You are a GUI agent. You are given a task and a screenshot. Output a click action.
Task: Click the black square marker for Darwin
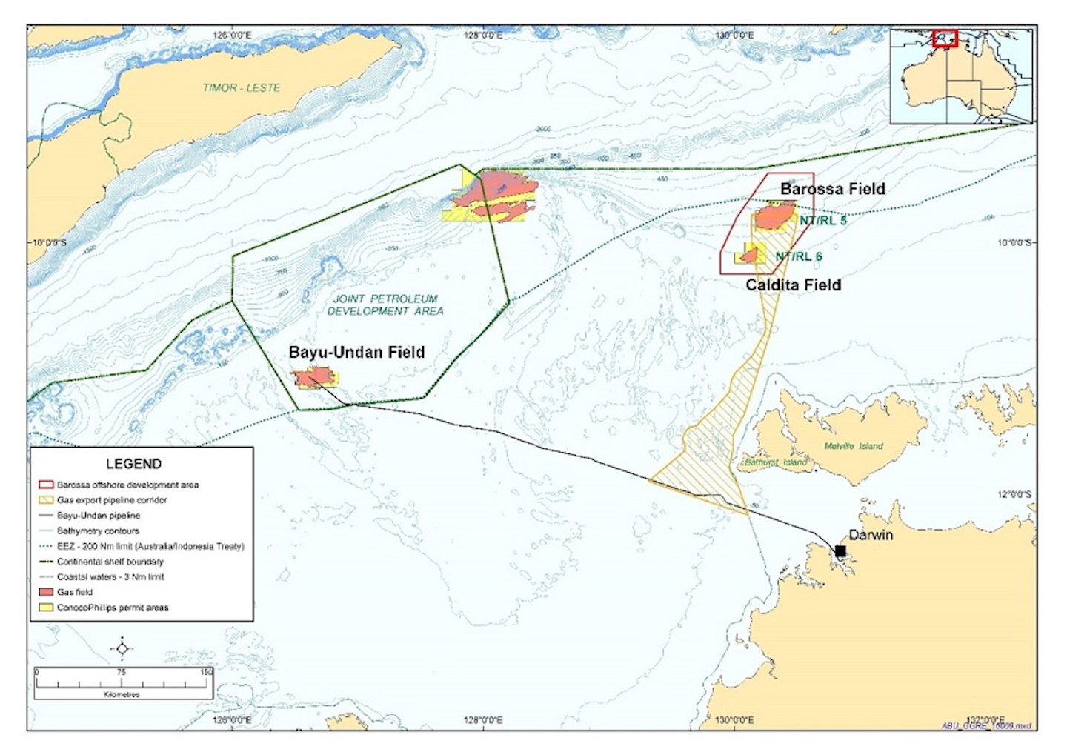840,551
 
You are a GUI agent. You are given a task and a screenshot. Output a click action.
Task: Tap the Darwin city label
871,535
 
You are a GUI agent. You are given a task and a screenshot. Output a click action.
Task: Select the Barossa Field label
832,189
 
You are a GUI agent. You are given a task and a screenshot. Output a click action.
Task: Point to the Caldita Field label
793,285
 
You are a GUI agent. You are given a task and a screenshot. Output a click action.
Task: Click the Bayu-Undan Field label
356,353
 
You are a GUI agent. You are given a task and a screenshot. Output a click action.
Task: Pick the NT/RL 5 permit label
822,221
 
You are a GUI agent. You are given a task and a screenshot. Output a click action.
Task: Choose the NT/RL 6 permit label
798,256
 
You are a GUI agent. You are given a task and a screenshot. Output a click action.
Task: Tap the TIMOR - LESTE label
242,87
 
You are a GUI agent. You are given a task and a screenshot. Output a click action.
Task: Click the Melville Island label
854,446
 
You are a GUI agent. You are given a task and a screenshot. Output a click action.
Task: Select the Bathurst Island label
775,462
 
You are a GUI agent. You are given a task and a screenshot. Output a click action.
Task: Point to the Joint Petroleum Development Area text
385,305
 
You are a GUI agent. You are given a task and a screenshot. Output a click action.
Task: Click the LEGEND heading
133,464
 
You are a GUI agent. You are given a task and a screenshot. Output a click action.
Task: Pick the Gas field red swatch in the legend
45,592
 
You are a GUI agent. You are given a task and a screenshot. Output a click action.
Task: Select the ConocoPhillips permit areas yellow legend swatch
45,608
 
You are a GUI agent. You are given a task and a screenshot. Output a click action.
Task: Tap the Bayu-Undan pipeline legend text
98,516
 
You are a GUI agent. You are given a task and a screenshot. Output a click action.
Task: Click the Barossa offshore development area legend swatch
45,485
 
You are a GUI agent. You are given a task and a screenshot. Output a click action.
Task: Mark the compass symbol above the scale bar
122,649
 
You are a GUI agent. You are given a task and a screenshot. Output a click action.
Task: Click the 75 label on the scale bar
122,672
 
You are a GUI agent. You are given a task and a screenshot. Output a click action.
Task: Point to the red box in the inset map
945,39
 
